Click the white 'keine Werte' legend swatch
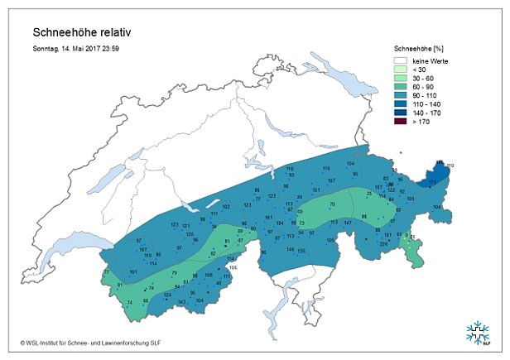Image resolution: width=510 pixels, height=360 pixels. coord(402,60)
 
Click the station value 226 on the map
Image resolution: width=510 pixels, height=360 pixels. coord(383,244)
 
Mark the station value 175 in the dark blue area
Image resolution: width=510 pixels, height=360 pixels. coord(431,182)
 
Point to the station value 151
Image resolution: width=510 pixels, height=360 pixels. coord(315,190)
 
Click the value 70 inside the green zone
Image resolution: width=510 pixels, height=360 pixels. coord(332,204)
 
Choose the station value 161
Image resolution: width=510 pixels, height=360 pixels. coord(268,217)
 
